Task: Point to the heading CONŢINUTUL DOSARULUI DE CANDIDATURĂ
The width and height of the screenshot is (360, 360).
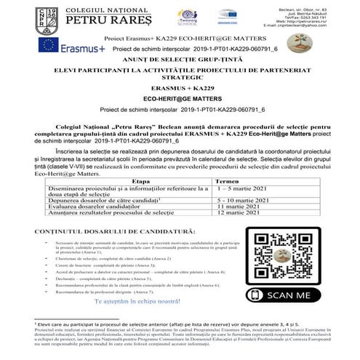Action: click(x=109, y=231)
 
